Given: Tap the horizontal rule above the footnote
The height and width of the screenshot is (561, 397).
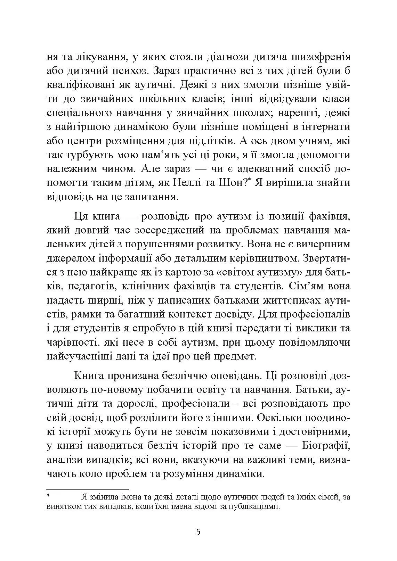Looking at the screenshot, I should (87, 489).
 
